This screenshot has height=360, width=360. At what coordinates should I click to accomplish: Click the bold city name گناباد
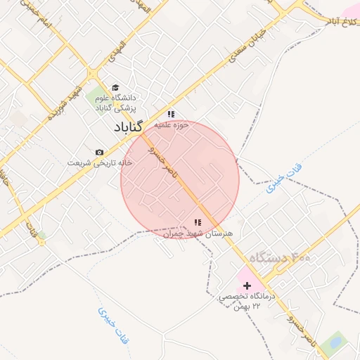(129, 127)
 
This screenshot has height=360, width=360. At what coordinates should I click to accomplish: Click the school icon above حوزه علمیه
(171, 114)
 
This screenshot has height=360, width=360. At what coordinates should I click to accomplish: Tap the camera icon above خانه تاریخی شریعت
(99, 153)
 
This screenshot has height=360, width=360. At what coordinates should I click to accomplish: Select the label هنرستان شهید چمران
(196, 233)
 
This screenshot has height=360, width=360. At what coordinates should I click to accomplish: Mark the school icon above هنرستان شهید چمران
(198, 222)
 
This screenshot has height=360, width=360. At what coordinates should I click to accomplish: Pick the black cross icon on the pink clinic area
(247, 285)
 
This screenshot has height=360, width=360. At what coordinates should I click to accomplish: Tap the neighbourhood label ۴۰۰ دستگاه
(279, 259)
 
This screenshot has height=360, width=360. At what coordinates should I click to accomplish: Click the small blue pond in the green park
(335, 343)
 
